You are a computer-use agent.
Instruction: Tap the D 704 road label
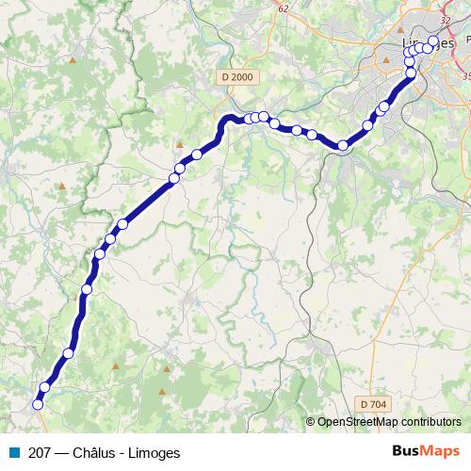pyautogui.click(x=373, y=404)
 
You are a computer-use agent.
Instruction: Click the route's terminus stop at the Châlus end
pyautogui.click(x=38, y=405)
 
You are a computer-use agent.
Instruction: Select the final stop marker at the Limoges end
pyautogui.click(x=433, y=41)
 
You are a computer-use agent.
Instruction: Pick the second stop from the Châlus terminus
pyautogui.click(x=44, y=387)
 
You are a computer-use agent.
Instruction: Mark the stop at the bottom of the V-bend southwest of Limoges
pyautogui.click(x=343, y=146)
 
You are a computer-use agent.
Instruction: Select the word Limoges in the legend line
pyautogui.click(x=156, y=451)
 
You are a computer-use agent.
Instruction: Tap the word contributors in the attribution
pyautogui.click(x=432, y=422)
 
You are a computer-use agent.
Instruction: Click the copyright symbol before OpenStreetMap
pyautogui.click(x=311, y=422)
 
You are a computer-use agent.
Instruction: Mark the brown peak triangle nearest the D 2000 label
pyautogui.click(x=179, y=145)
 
